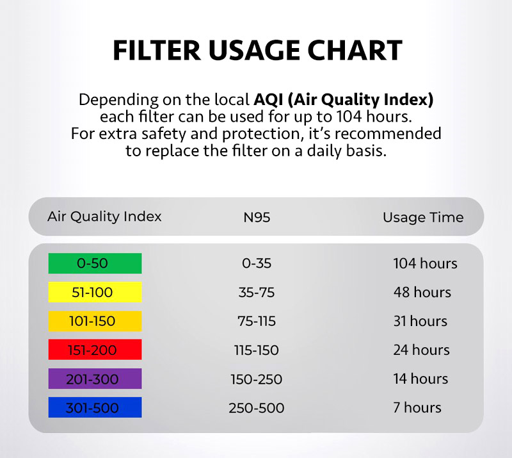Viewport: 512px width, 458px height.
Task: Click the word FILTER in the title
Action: click(157, 51)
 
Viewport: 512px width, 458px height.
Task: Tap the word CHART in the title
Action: click(355, 51)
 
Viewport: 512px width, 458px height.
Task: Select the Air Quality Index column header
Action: click(104, 217)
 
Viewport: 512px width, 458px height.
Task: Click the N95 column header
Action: click(257, 217)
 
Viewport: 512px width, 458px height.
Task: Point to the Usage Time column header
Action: click(423, 217)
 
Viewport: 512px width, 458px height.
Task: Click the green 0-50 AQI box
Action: click(95, 263)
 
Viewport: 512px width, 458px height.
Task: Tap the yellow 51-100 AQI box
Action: click(95, 292)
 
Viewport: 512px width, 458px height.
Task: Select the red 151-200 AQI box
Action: click(95, 350)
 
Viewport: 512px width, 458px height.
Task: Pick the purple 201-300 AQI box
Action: click(95, 379)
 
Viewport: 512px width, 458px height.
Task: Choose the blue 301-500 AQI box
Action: click(95, 407)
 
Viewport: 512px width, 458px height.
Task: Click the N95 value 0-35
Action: click(257, 263)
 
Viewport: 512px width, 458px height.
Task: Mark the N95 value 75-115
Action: click(257, 321)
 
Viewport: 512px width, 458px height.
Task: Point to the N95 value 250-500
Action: click(257, 408)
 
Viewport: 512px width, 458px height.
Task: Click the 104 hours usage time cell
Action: click(425, 263)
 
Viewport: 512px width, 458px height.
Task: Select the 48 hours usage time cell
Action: click(422, 292)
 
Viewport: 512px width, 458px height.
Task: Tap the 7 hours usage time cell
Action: click(417, 407)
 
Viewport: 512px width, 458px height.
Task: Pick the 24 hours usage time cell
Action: click(421, 350)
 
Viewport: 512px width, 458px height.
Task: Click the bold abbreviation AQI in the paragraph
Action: click(268, 100)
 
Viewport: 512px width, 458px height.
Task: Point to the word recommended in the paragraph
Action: click(388, 134)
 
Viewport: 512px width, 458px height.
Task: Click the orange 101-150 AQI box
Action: click(95, 321)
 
